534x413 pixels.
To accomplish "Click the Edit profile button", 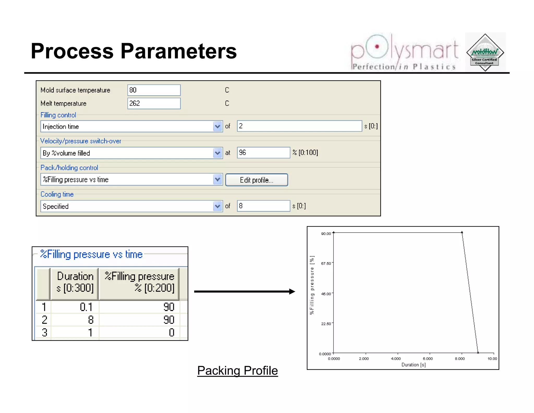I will click(x=257, y=180).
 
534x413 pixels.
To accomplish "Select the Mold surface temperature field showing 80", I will click(x=154, y=90).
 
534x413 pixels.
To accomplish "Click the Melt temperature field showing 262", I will click(x=154, y=103).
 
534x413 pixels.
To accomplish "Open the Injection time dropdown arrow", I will click(x=217, y=127).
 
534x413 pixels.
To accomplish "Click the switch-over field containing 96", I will click(x=263, y=153).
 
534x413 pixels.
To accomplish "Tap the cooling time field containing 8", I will click(x=263, y=206).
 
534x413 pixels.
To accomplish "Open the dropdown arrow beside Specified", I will click(x=217, y=206).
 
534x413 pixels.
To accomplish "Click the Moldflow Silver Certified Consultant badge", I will click(x=485, y=52).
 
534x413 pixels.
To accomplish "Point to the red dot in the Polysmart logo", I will click(x=377, y=47).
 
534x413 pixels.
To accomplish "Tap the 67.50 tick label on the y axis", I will click(x=326, y=264).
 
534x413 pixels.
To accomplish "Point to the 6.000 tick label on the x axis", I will click(x=428, y=359).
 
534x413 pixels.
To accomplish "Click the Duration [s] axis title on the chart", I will click(x=414, y=365).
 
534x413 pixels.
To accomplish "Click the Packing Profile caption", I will click(x=238, y=371).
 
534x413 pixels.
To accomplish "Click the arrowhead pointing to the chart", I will click(x=292, y=292).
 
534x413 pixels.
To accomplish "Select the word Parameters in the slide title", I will click(x=179, y=51).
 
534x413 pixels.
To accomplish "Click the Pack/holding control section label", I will click(x=69, y=168).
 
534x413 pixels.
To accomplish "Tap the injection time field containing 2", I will click(x=299, y=126).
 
